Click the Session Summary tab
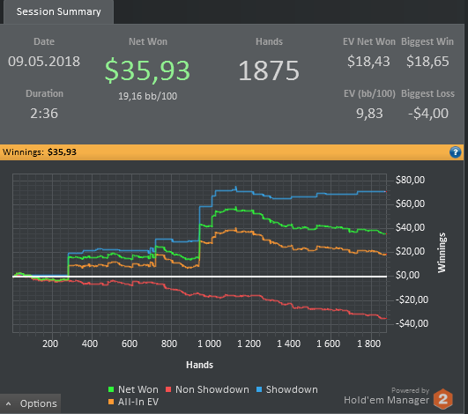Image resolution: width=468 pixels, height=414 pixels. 58,12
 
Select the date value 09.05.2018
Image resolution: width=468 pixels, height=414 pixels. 44,62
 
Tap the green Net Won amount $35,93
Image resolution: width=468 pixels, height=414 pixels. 147,70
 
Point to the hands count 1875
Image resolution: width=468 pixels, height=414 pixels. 269,70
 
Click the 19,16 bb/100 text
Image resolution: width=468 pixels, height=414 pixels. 147,96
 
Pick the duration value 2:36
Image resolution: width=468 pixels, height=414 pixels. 44,114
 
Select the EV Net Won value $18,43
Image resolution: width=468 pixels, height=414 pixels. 368,62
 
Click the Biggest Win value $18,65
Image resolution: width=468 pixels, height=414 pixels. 427,62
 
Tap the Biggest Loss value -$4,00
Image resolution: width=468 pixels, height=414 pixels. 428,114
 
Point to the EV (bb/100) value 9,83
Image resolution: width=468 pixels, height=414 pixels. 369,114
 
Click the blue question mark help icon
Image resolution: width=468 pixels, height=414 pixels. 455,152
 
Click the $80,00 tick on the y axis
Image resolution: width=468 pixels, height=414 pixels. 410,180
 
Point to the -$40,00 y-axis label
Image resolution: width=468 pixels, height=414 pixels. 412,323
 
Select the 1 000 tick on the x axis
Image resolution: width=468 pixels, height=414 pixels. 209,344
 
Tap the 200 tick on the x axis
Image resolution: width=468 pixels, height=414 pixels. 50,344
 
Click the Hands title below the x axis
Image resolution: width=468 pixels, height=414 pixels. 200,365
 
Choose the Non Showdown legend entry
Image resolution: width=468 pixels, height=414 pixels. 207,389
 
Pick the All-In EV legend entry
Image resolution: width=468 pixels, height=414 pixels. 133,402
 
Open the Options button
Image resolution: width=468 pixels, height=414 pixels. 31,403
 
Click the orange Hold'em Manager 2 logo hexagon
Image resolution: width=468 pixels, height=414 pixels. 443,399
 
